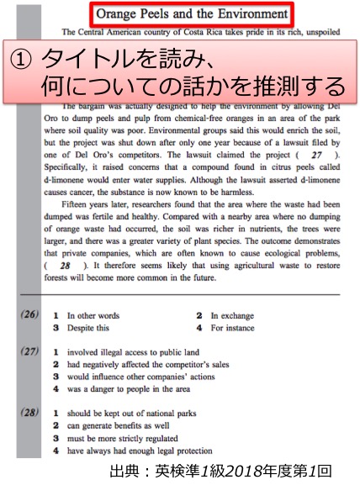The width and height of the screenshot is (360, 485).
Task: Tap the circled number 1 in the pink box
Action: pos(24,60)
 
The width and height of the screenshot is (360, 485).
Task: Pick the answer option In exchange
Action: pos(236,315)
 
